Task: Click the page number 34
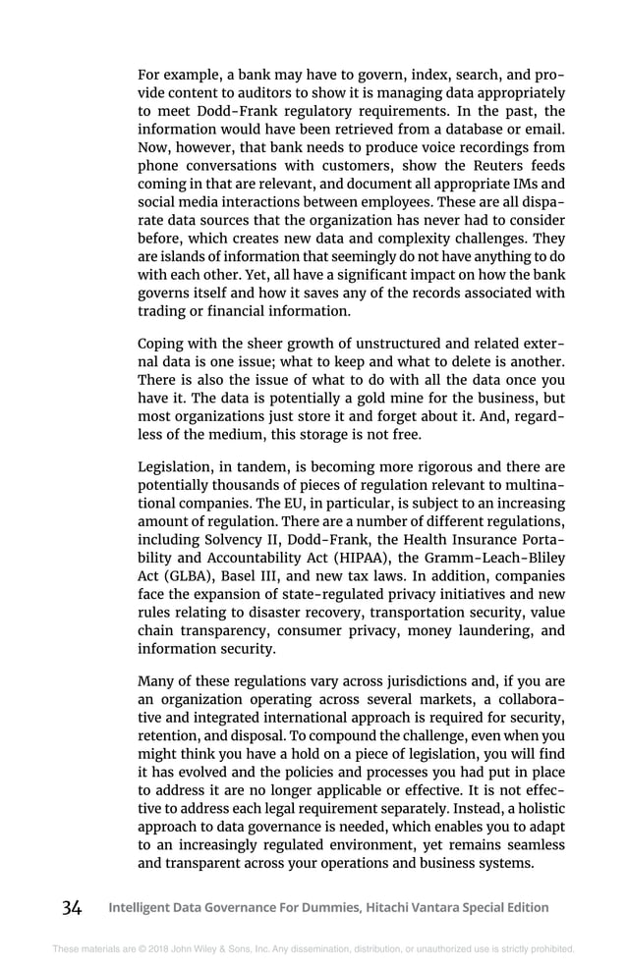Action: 71,907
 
